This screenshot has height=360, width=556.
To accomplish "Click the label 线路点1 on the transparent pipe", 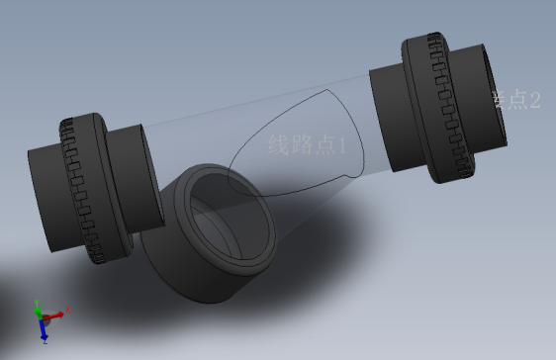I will [308, 145].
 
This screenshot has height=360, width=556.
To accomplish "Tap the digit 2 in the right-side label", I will [535, 99].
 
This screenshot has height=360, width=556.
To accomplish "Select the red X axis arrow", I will [54, 315].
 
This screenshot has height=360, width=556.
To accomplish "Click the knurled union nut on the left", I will [87, 188].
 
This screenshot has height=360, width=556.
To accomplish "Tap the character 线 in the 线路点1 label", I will [278, 145].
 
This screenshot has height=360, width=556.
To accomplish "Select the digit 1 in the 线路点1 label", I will [342, 145].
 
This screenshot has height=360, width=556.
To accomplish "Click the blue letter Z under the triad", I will [46, 341].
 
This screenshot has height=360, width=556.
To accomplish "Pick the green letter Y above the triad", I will [37, 301].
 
